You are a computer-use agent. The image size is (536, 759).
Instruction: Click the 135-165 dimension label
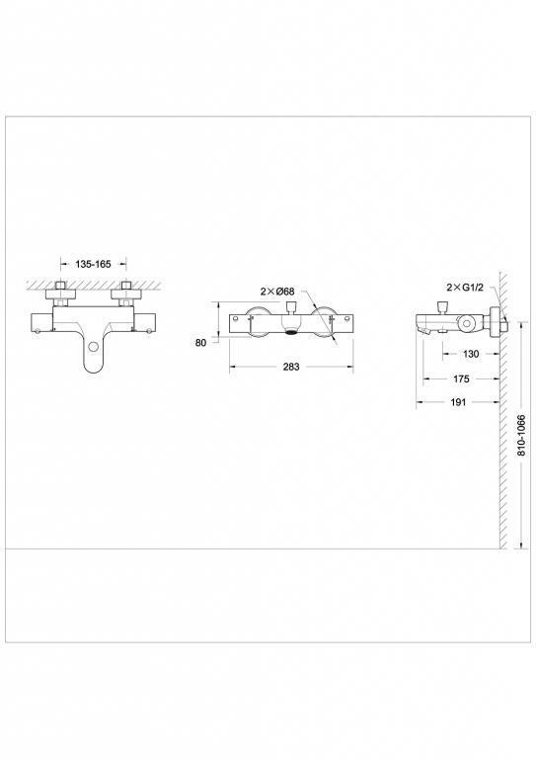[x=93, y=264]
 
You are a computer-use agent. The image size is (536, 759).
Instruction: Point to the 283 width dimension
[x=291, y=367]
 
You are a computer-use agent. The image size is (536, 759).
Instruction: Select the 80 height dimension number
[x=200, y=342]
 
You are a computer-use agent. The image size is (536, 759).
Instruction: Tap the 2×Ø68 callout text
[x=277, y=292]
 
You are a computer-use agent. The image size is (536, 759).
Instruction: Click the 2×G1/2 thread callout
[x=465, y=287]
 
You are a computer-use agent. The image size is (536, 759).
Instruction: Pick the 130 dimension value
[x=471, y=354]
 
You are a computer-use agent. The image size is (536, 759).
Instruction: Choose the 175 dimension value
[x=461, y=379]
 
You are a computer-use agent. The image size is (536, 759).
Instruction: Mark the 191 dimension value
[x=458, y=402]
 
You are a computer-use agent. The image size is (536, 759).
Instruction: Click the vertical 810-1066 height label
[x=521, y=435]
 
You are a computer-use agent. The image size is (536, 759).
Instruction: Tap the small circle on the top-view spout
[x=93, y=347]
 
